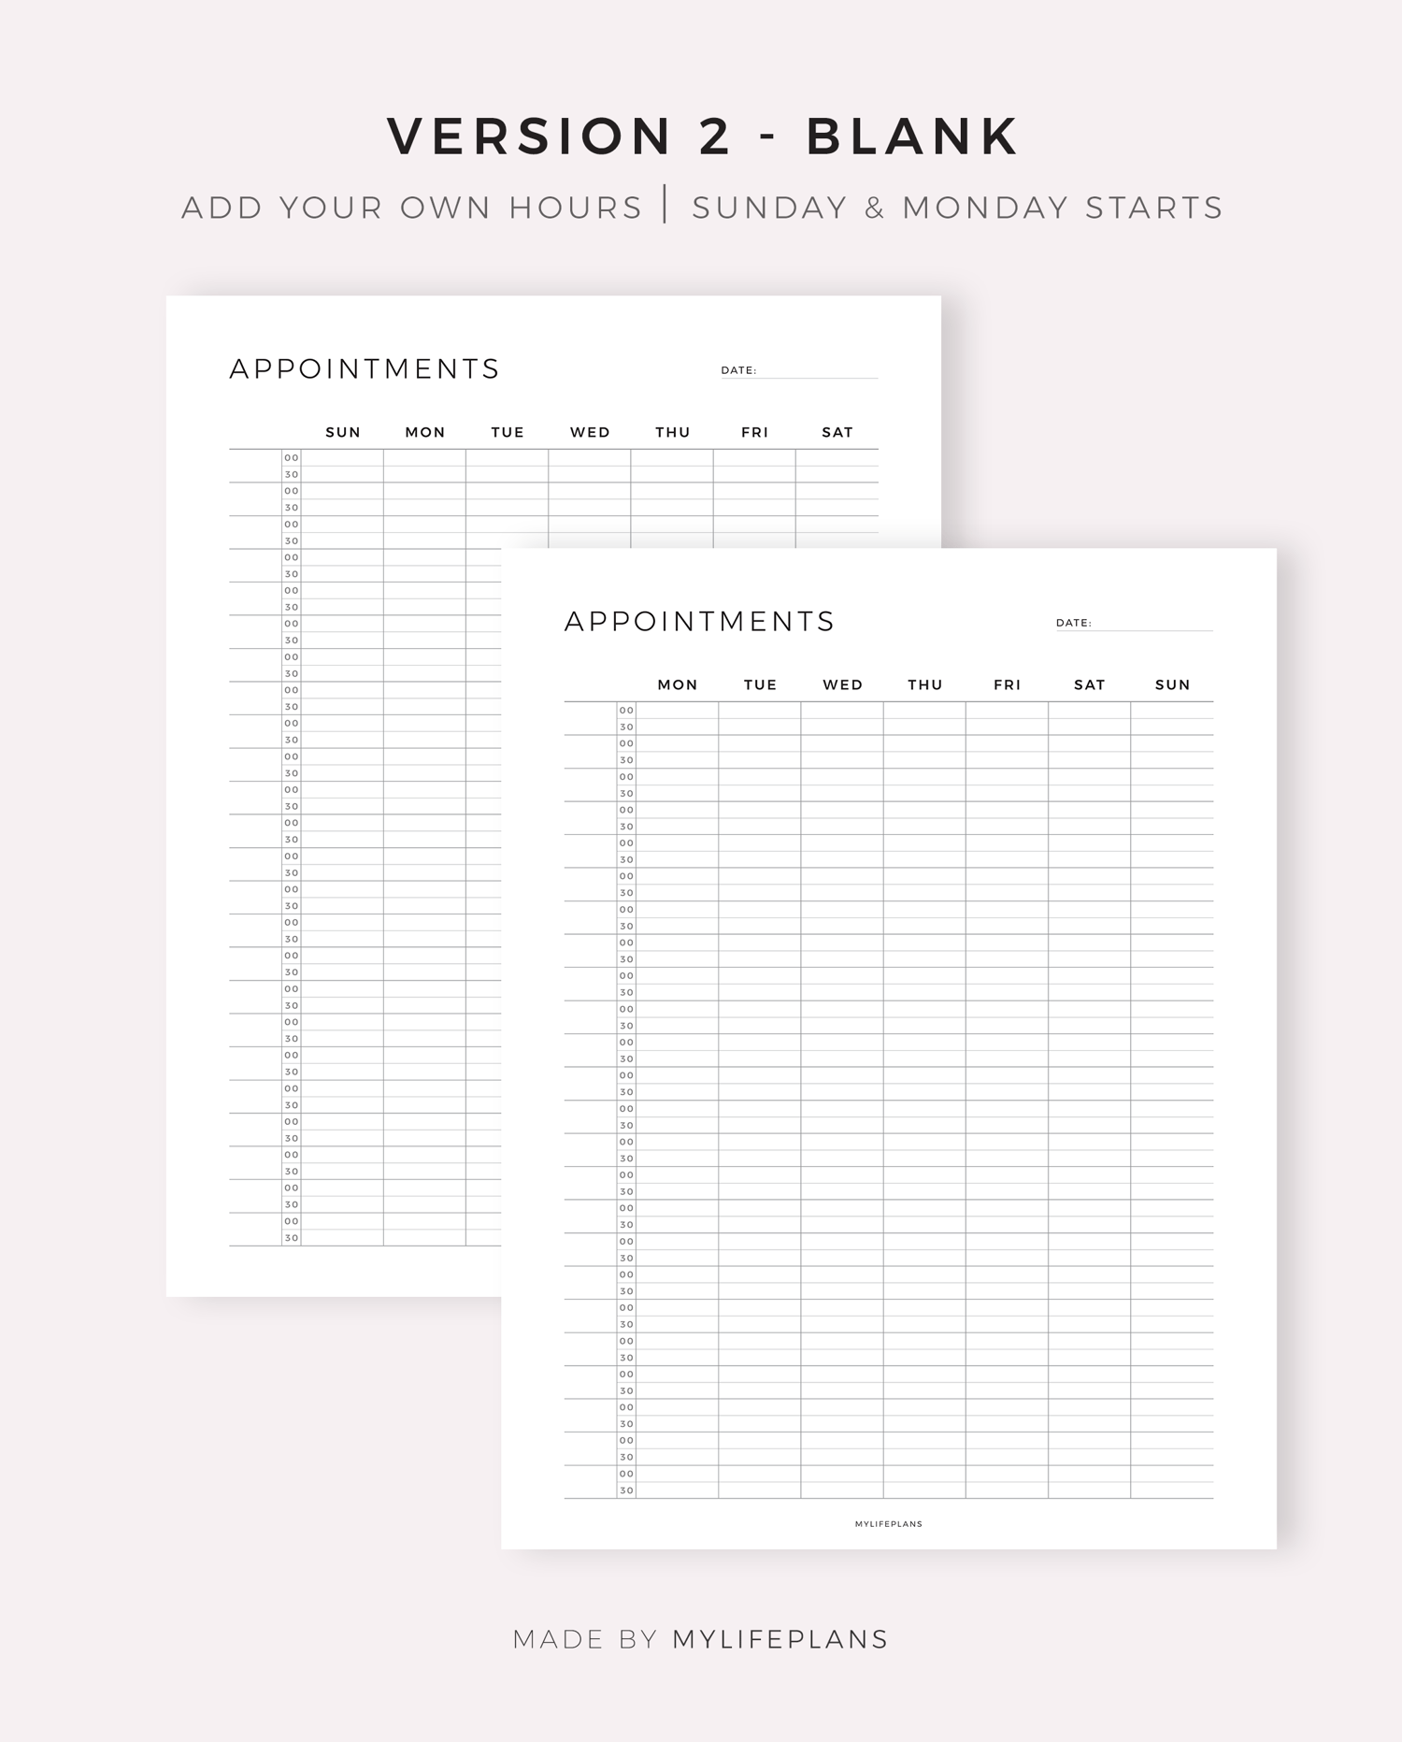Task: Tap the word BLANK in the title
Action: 912,137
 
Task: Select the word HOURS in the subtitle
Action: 576,208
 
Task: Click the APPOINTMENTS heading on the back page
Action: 365,369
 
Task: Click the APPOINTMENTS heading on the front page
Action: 699,622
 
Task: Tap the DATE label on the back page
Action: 738,370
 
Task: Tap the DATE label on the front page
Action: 1073,623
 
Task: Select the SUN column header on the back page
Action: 343,432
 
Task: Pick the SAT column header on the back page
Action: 837,432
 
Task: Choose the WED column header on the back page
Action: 590,432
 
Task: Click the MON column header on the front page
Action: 678,684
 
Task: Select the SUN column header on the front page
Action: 1172,684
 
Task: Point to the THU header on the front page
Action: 925,684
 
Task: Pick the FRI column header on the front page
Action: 1008,684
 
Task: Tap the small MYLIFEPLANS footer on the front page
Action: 888,1524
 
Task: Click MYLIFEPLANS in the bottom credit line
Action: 780,1639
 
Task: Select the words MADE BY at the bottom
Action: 586,1639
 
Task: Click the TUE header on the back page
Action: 508,432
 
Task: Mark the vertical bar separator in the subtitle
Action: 665,205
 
